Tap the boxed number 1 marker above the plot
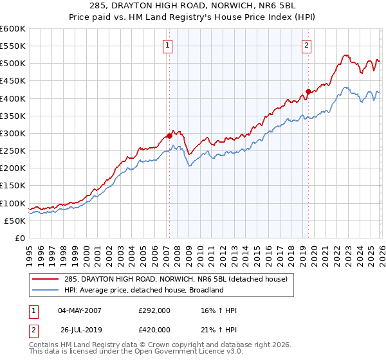(x=167, y=45)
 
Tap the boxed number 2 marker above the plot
(x=306, y=45)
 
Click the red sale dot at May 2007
(x=169, y=136)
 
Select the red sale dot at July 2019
(x=308, y=91)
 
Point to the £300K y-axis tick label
(x=13, y=134)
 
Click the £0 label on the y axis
(x=20, y=239)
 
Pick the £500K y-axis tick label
(x=13, y=64)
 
